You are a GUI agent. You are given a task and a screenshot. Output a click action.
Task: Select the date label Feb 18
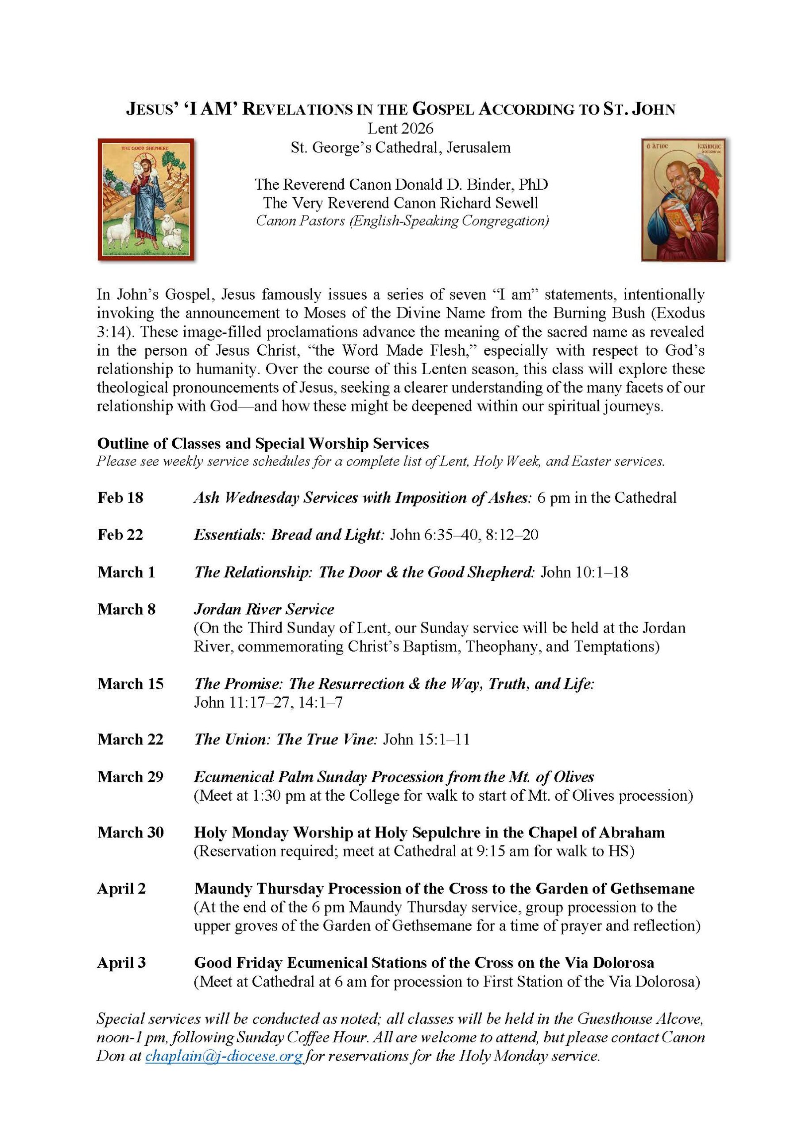(120, 497)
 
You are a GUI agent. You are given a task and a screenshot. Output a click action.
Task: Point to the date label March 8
(126, 609)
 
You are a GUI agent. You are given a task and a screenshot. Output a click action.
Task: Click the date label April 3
(121, 963)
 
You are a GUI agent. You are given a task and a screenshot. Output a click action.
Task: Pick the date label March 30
(130, 833)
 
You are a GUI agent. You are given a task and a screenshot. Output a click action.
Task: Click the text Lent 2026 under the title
(400, 129)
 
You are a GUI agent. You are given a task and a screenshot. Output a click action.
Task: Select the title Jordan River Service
(263, 609)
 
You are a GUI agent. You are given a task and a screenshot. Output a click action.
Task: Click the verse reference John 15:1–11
(426, 739)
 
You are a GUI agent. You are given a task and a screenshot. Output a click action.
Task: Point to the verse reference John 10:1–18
(584, 572)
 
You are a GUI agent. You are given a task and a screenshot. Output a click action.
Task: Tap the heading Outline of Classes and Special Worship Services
(263, 443)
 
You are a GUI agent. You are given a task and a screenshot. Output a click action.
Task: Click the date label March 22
(130, 739)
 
